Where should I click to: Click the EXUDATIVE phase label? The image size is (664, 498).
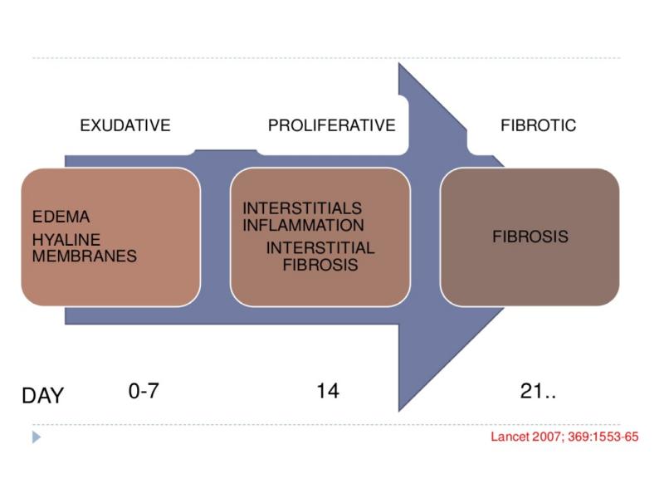point(124,126)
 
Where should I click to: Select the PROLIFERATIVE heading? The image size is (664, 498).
point(331,126)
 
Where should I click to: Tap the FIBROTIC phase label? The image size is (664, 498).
point(538,126)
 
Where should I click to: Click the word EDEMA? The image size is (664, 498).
point(61,217)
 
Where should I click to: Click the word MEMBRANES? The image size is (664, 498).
point(84,256)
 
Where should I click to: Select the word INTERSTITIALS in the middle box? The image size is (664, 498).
point(302,208)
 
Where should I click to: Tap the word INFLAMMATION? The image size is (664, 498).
point(303,225)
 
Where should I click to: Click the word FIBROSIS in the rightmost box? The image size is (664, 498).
point(530,237)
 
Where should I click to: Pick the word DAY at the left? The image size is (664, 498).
point(42,396)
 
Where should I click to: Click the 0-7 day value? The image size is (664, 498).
point(144,391)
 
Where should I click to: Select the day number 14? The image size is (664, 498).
point(328,391)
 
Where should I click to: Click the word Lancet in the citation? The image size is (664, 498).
point(509,437)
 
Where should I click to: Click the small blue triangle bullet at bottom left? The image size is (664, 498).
point(36,436)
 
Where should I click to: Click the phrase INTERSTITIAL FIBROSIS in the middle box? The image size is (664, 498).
point(320,256)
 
